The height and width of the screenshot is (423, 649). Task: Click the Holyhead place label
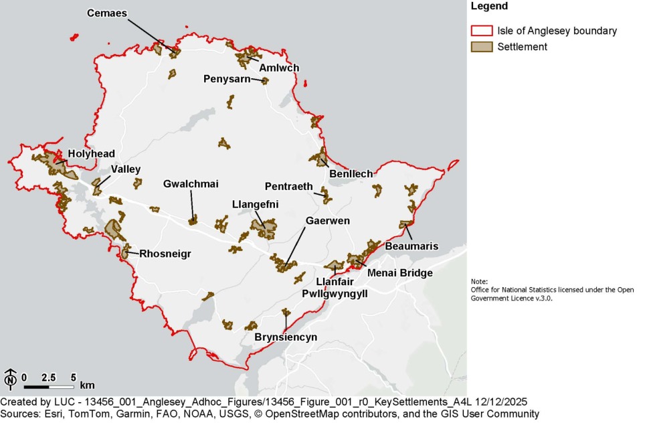pyautogui.click(x=91, y=153)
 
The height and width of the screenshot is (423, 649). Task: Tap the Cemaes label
pyautogui.click(x=107, y=13)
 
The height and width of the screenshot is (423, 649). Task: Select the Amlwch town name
pyautogui.click(x=279, y=68)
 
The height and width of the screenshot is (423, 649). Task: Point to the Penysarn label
pyautogui.click(x=226, y=79)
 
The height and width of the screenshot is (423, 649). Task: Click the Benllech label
pyautogui.click(x=351, y=174)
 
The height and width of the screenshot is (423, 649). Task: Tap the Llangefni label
pyautogui.click(x=255, y=204)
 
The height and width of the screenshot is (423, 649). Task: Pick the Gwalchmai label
pyautogui.click(x=191, y=184)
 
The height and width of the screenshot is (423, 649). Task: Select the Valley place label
pyautogui.click(x=125, y=169)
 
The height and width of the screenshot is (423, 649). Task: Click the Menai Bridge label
pyautogui.click(x=400, y=273)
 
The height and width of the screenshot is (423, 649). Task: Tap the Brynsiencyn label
pyautogui.click(x=286, y=337)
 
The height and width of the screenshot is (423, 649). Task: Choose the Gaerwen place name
pyautogui.click(x=328, y=220)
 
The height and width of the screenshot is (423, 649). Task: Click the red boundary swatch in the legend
pyautogui.click(x=482, y=31)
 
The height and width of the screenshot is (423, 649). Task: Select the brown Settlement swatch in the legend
pyautogui.click(x=482, y=47)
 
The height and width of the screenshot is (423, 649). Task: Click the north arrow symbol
pyautogui.click(x=11, y=379)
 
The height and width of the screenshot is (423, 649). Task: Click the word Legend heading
pyautogui.click(x=489, y=7)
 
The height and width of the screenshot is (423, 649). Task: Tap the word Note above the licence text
pyautogui.click(x=479, y=282)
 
